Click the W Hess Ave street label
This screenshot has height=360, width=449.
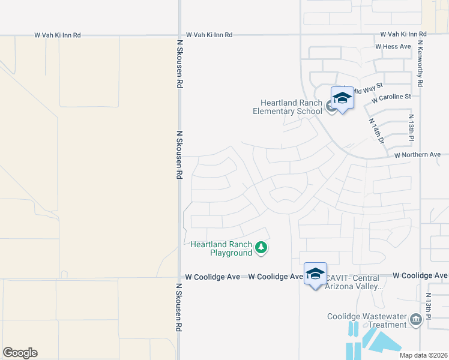point(393,46)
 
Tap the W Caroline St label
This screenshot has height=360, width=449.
point(391,97)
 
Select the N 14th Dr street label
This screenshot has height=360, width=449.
point(376,131)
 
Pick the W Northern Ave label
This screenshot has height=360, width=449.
point(417,155)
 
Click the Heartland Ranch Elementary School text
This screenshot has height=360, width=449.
point(287,107)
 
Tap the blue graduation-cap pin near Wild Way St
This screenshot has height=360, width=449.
point(342,98)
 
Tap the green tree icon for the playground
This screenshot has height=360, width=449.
point(261,247)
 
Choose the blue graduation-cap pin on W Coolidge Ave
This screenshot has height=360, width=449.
point(315,274)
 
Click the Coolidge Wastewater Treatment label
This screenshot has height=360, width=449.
point(367,320)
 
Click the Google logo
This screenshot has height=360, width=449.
point(20,353)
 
